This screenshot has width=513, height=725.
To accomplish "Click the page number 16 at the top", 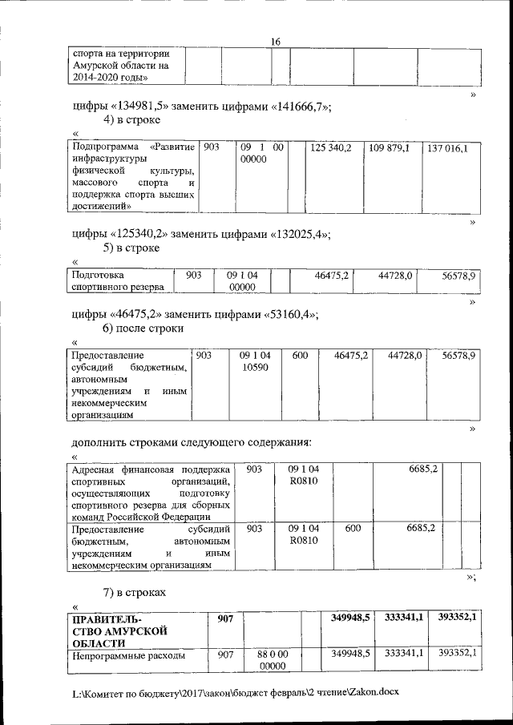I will pos(275,41).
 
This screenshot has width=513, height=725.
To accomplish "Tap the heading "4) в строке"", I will pos(131,119).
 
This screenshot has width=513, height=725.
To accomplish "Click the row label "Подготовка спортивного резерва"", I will pos(118,280).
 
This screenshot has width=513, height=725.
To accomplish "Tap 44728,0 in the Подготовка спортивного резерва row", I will pos(394,275).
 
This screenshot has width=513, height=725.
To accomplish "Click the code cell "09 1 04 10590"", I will pos(254,360).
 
